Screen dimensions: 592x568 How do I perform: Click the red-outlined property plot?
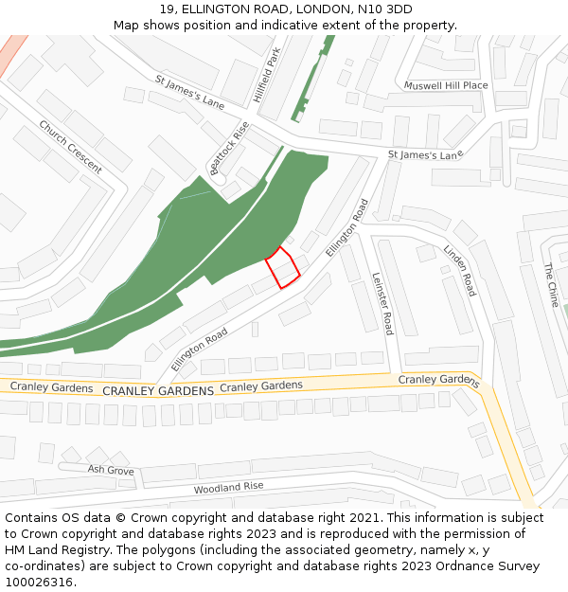(282, 267)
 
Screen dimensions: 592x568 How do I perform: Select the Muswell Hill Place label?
(446, 85)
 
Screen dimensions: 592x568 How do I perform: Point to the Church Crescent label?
(70, 146)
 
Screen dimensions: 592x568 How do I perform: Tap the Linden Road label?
(460, 270)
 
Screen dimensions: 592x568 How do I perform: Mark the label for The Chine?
(553, 284)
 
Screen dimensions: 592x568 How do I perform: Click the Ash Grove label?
(110, 470)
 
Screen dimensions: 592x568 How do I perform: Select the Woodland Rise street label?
(228, 487)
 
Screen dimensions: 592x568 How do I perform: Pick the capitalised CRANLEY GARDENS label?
(158, 391)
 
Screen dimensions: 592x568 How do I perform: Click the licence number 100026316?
(39, 583)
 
